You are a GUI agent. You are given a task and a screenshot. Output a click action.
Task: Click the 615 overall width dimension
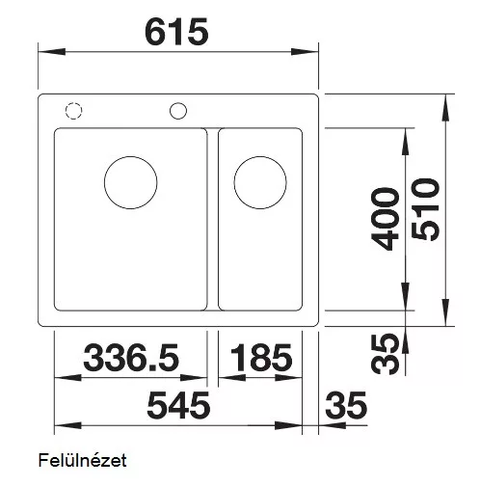pos(176,32)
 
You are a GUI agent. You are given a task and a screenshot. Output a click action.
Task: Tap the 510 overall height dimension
pos(425,209)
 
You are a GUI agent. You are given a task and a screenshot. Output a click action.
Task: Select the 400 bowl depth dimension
pos(385,219)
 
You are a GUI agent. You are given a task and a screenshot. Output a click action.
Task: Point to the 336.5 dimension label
pos(131,357)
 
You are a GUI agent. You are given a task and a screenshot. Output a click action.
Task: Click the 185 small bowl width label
pos(261,357)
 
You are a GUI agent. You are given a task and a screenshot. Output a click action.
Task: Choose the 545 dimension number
pos(178,405)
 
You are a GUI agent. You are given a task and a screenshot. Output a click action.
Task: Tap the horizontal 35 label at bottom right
pos(346,405)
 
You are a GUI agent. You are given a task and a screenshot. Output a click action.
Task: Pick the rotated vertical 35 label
pos(385,354)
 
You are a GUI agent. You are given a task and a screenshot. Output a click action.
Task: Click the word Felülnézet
pos(82,460)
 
